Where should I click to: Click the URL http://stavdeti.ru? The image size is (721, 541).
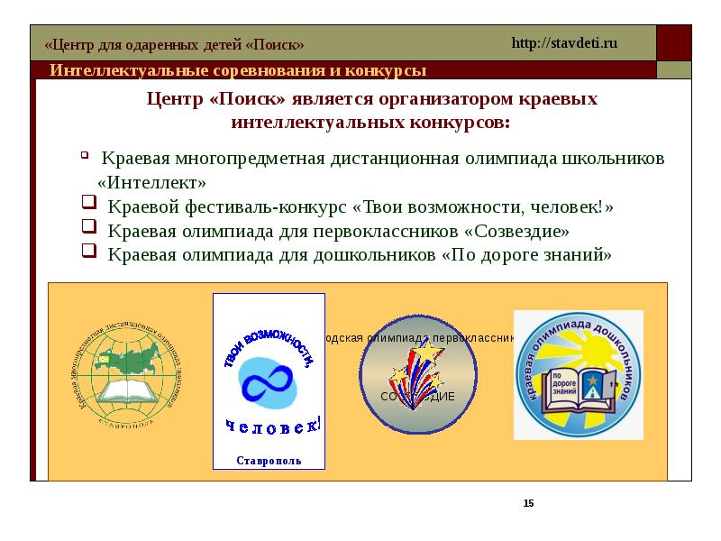564,43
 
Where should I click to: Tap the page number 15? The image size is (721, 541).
528,502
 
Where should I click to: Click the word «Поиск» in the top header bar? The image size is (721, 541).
274,45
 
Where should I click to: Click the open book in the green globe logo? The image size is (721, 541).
132,390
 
